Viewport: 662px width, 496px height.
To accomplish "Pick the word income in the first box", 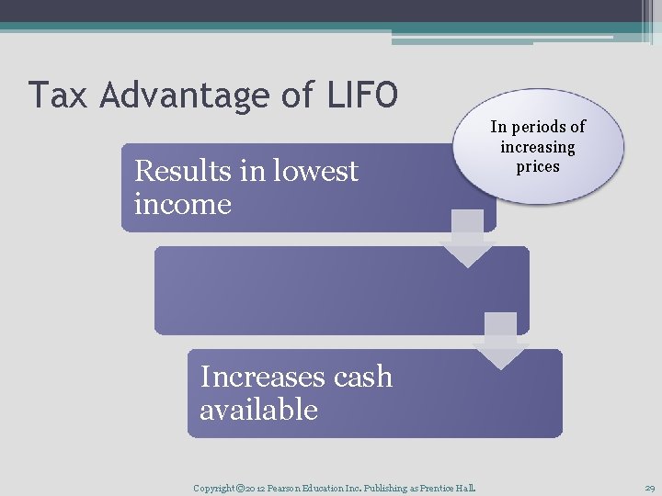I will point(182,204).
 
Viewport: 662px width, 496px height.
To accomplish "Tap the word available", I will point(258,410).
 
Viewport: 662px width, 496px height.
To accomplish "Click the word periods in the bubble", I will point(549,127).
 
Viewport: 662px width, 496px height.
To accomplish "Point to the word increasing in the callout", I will point(537,147).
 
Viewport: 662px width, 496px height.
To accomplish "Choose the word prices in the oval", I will point(537,166).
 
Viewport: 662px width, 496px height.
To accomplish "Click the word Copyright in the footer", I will point(214,488).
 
